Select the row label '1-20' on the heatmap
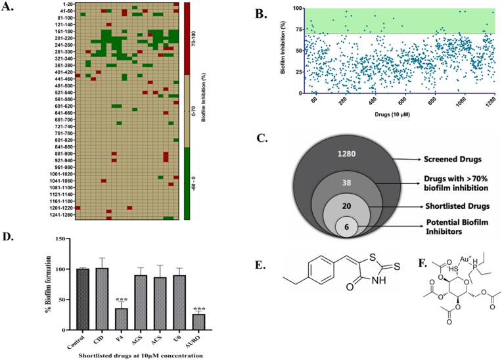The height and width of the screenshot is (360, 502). tap(65, 5)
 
